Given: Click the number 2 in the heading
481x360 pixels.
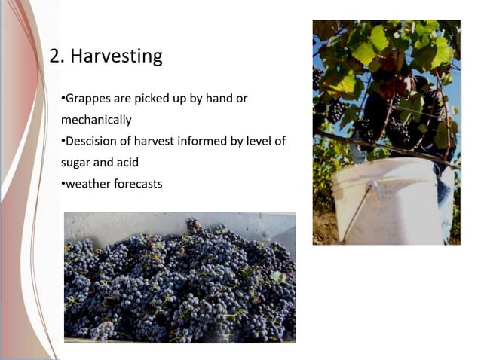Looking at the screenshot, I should pyautogui.click(x=55, y=56).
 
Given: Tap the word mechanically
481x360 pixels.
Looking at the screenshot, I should pyautogui.click(x=96, y=119).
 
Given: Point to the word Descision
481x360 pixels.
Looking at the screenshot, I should pyautogui.click(x=92, y=140).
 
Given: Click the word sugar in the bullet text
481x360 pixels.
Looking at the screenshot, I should pyautogui.click(x=76, y=161).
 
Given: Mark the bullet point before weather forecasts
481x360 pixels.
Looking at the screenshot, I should pyautogui.click(x=63, y=182).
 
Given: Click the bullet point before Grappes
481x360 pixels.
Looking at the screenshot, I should pyautogui.click(x=63, y=99).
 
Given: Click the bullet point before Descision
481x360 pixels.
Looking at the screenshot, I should pyautogui.click(x=63, y=141).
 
